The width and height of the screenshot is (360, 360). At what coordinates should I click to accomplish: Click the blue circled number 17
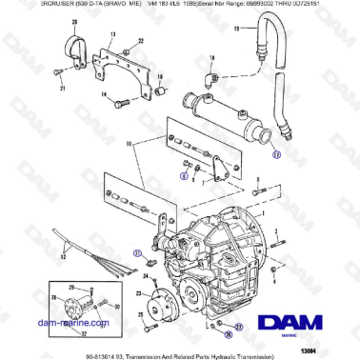click(x=276, y=151)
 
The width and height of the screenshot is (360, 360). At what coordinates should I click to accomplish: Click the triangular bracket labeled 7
click(x=221, y=168)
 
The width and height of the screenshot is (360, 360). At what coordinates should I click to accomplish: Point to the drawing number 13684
click(x=338, y=346)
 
